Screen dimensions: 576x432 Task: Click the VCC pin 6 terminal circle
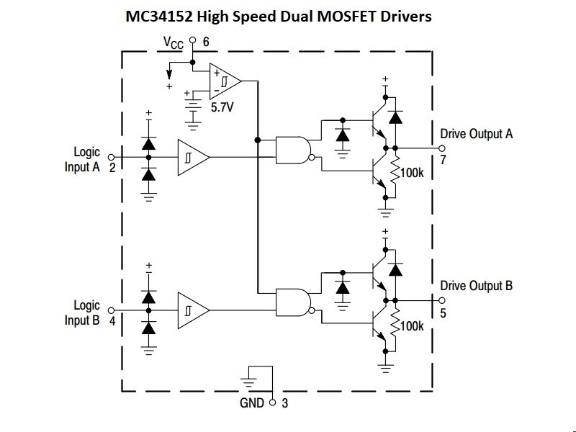(192, 40)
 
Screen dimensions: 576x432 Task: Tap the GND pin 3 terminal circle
(272, 402)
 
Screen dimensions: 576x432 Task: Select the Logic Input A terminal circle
(111, 157)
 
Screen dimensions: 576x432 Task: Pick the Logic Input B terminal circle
(111, 310)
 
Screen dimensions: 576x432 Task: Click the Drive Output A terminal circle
(442, 148)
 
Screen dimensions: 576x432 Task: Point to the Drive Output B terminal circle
(442, 300)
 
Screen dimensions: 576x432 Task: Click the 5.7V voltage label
(222, 107)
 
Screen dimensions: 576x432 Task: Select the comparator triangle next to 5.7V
(225, 81)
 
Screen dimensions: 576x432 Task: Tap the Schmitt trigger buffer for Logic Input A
(194, 157)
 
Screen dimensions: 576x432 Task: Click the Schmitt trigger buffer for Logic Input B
(194, 310)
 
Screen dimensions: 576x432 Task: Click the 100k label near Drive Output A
(412, 173)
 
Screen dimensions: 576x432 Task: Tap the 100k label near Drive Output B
(412, 326)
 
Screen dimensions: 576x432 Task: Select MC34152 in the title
(159, 17)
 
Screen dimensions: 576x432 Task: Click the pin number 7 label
(443, 160)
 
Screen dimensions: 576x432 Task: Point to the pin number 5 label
(443, 313)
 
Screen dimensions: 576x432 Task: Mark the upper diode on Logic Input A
(148, 143)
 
